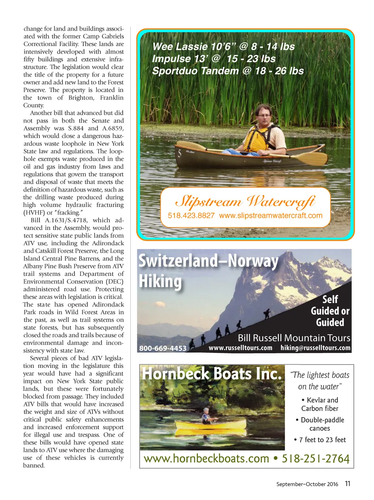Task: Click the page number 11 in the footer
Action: click(347, 484)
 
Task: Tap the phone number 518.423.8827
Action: click(191, 215)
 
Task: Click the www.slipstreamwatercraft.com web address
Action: click(271, 215)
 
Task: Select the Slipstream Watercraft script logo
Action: click(245, 201)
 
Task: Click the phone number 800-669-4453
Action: click(163, 348)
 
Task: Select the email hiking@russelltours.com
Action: click(315, 348)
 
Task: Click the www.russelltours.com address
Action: click(240, 348)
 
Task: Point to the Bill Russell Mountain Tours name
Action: click(294, 338)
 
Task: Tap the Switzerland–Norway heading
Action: click(208, 261)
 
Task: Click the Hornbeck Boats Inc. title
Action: click(212, 374)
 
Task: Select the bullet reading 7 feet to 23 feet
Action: click(320, 440)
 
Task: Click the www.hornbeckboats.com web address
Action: click(206, 458)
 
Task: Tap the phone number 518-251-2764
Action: click(316, 458)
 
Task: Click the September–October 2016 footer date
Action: click(307, 484)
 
